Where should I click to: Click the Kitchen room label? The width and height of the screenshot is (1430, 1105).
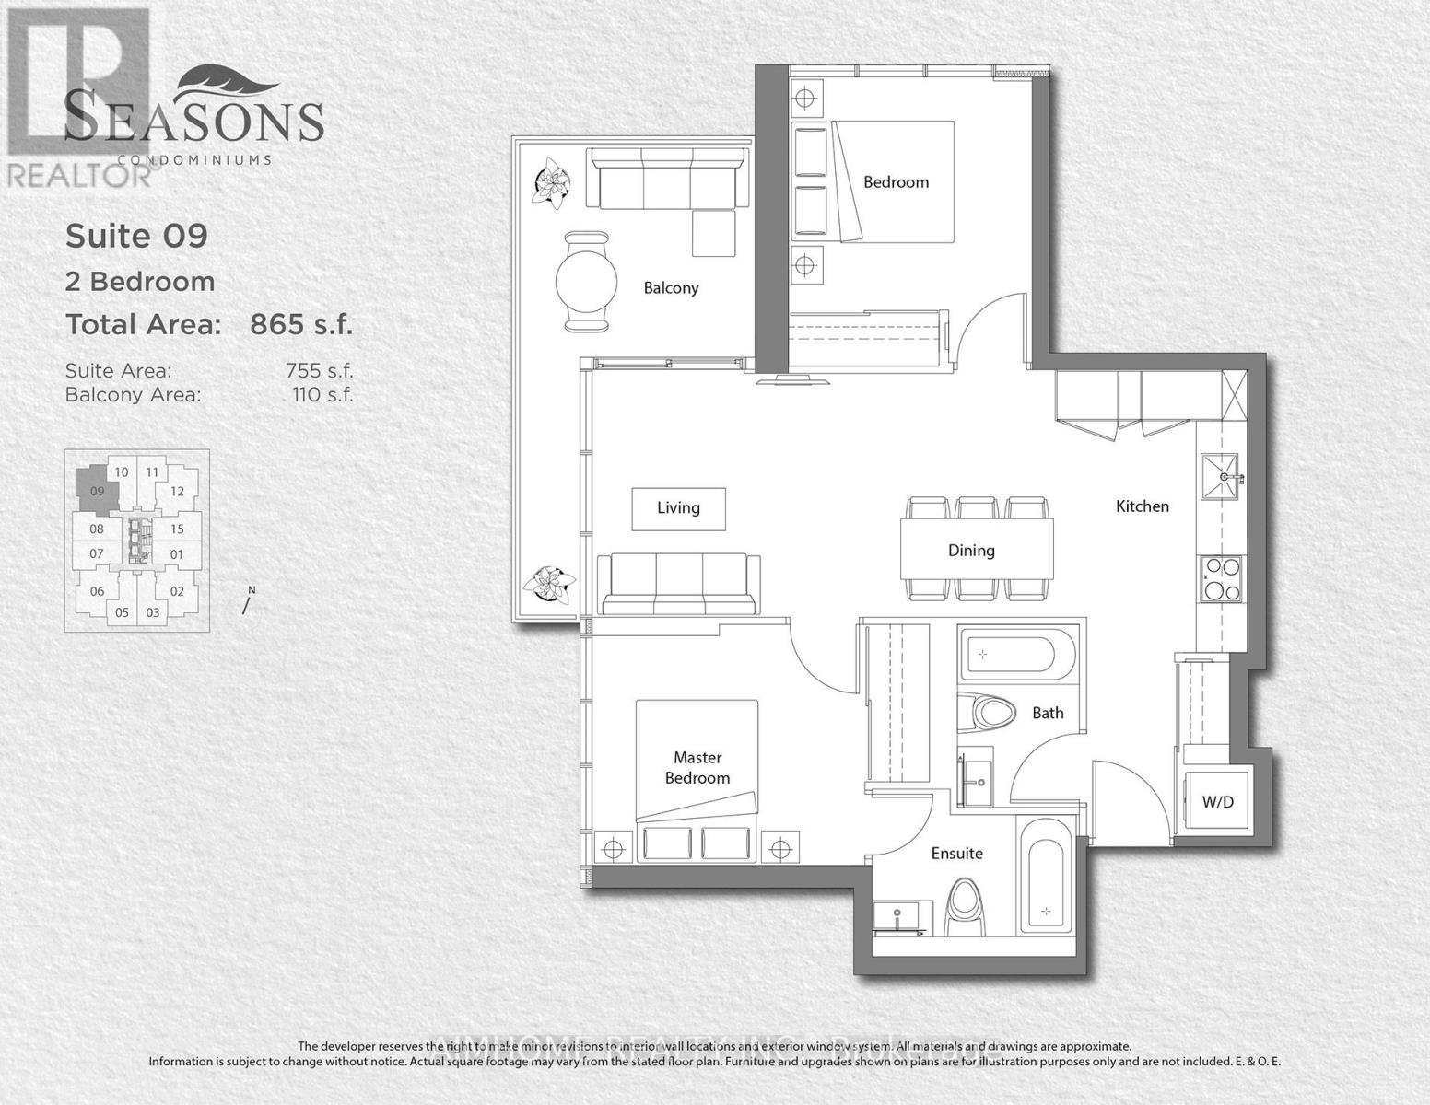click(1142, 506)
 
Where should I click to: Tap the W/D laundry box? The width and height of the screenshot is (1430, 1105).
click(1217, 802)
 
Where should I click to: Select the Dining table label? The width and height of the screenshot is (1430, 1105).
click(971, 551)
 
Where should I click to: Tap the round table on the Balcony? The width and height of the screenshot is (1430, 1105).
click(586, 281)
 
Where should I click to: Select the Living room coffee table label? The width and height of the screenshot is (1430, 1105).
click(678, 508)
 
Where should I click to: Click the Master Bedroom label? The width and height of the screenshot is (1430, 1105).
click(697, 768)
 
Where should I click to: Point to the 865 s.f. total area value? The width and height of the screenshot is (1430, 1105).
click(301, 325)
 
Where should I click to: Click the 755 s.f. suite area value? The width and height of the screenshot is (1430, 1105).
click(319, 371)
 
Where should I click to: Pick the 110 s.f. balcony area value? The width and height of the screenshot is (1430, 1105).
click(321, 395)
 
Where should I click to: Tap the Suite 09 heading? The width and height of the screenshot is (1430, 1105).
click(136, 237)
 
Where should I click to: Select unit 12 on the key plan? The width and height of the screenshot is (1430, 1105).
click(178, 492)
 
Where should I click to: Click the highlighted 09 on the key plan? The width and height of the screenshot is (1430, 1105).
click(98, 491)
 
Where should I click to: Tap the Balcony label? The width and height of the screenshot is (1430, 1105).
click(671, 288)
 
